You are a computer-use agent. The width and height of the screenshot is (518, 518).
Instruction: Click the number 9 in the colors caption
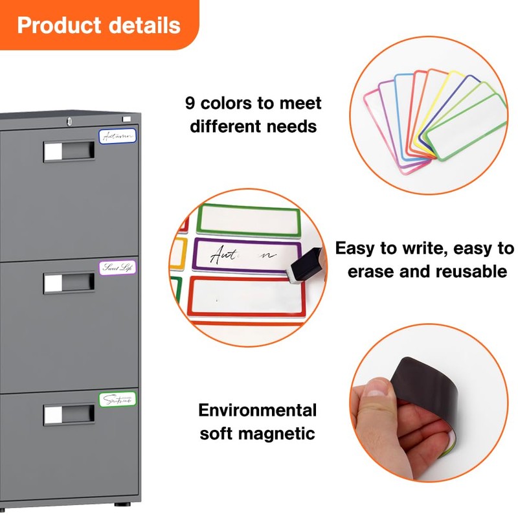pyautogui.click(x=190, y=102)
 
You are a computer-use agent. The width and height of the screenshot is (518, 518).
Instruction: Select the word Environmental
pyautogui.click(x=258, y=410)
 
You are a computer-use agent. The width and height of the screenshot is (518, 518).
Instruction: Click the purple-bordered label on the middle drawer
pyautogui.click(x=118, y=267)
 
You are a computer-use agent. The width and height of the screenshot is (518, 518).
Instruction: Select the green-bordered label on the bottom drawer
pyautogui.click(x=118, y=400)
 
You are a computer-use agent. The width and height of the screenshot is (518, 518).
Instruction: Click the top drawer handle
pyautogui.click(x=69, y=152)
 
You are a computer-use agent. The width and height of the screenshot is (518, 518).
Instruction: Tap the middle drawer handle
pyautogui.click(x=69, y=282)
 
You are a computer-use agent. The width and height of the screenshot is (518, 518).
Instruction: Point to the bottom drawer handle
pyautogui.click(x=69, y=414)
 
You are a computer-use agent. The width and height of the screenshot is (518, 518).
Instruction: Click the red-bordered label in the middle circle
pyautogui.click(x=246, y=297)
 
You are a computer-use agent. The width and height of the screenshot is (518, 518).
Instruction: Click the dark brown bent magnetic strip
pyautogui.click(x=427, y=388)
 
